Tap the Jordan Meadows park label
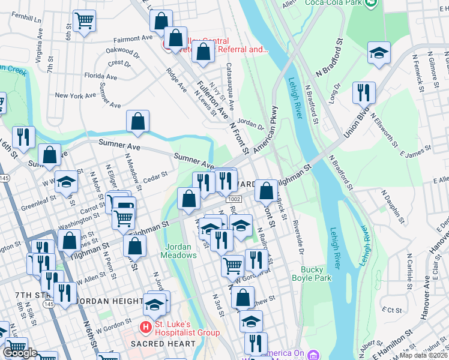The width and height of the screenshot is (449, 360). pyautogui.click(x=178, y=251)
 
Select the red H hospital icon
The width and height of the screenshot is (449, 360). pyautogui.click(x=145, y=327)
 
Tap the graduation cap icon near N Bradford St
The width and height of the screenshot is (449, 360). pyautogui.click(x=379, y=53)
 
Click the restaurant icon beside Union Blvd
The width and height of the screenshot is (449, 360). pyautogui.click(x=364, y=93)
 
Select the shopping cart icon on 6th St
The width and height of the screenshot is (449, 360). pyautogui.click(x=84, y=21)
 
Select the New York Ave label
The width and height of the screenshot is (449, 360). pyautogui.click(x=75, y=95)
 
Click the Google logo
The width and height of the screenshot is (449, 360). pyautogui.click(x=20, y=353)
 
